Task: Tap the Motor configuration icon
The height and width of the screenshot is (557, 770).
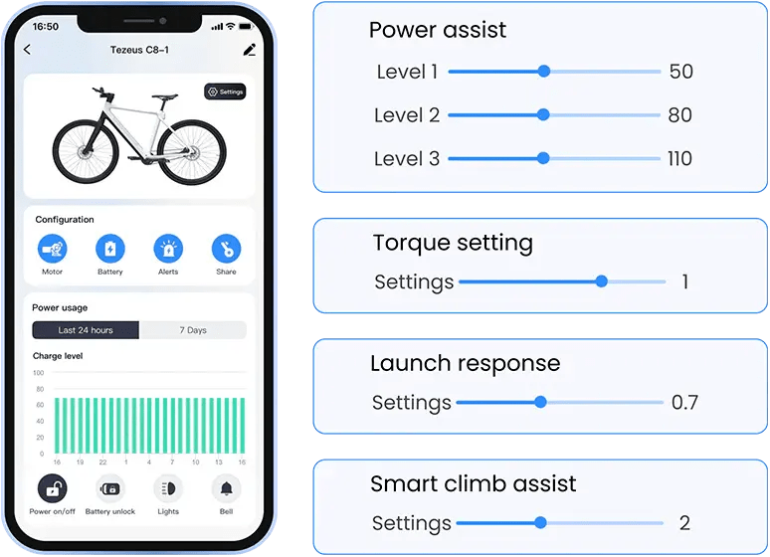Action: pyautogui.click(x=52, y=249)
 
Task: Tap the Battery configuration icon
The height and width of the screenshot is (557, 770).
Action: pyautogui.click(x=110, y=249)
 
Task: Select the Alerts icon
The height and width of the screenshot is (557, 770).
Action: pyautogui.click(x=168, y=249)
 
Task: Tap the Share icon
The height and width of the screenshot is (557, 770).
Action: pyautogui.click(x=226, y=249)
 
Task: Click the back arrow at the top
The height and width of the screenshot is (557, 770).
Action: pyautogui.click(x=27, y=49)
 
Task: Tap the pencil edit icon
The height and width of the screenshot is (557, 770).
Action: pyautogui.click(x=250, y=50)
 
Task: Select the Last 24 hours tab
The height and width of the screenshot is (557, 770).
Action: pyautogui.click(x=86, y=330)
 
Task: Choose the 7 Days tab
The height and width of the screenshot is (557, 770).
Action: pyautogui.click(x=193, y=330)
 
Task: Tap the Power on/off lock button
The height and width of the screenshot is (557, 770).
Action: pyautogui.click(x=52, y=488)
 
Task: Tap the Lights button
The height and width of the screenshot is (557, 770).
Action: pyautogui.click(x=168, y=488)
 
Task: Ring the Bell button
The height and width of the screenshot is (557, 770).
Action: pyautogui.click(x=226, y=488)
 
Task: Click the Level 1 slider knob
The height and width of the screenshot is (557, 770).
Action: pyautogui.click(x=543, y=72)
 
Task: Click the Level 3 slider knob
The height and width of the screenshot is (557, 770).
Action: pyautogui.click(x=543, y=158)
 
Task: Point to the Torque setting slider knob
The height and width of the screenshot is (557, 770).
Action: pyautogui.click(x=602, y=281)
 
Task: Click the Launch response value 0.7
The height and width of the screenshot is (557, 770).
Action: pyautogui.click(x=684, y=402)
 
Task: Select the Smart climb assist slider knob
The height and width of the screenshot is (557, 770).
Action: pyautogui.click(x=540, y=522)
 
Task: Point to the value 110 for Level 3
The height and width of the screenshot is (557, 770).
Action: pyautogui.click(x=679, y=159)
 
